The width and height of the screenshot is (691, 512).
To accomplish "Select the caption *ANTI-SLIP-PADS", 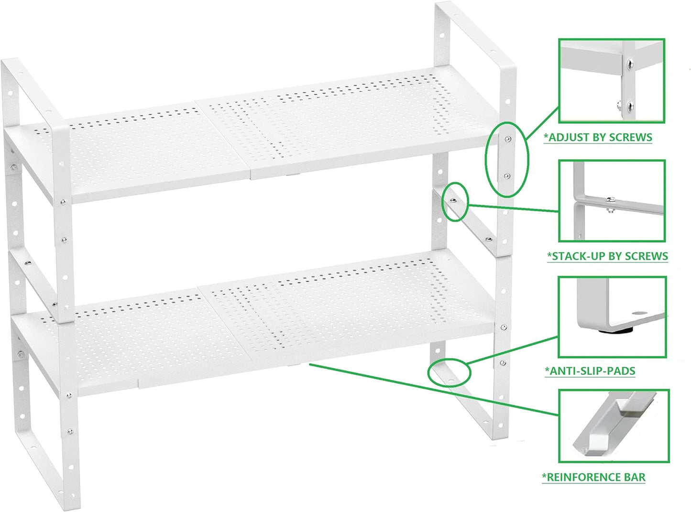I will tap(590, 371).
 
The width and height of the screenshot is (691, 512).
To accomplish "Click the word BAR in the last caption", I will tap(635, 477).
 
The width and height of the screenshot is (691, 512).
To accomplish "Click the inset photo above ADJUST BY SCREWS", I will tap(612, 81).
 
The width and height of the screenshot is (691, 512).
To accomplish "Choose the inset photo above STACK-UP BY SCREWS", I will tap(612, 201).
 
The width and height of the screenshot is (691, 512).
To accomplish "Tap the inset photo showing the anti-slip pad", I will tap(612, 316).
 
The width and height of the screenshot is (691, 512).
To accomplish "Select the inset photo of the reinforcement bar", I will tap(614, 426).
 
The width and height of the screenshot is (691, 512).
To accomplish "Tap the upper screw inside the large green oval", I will tap(507, 139).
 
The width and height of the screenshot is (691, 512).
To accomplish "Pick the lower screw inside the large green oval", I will tap(507, 176).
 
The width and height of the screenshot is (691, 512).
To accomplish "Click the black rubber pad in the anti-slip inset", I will tap(613, 329).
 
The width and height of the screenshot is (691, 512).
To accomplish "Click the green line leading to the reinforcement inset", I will tap(430, 389).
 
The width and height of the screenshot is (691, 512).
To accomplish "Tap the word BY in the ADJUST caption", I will tap(600, 138).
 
